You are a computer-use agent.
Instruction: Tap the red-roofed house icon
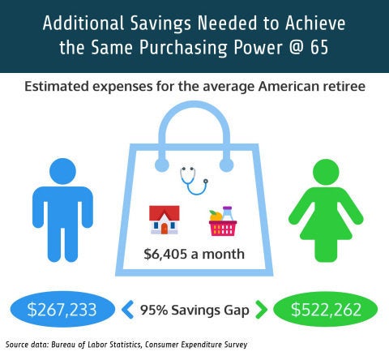pyautogui.click(x=165, y=220)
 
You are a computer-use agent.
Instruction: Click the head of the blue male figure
pyautogui.click(x=62, y=171)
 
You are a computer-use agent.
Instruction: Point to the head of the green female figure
pyautogui.click(x=326, y=172)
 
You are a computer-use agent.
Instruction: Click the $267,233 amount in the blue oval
pyautogui.click(x=62, y=310)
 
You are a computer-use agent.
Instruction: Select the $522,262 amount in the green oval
pyautogui.click(x=326, y=310)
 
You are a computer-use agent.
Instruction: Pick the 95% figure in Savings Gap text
pyautogui.click(x=154, y=310)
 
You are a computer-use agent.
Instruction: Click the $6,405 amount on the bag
pyautogui.click(x=165, y=255)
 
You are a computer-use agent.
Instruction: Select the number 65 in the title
pyautogui.click(x=319, y=47)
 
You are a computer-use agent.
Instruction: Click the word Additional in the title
pyautogui.click(x=83, y=23)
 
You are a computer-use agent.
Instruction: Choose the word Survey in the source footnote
pyautogui.click(x=236, y=345)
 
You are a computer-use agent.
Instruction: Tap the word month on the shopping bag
pyautogui.click(x=223, y=255)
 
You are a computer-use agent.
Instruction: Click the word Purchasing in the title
pyautogui.click(x=183, y=48)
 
